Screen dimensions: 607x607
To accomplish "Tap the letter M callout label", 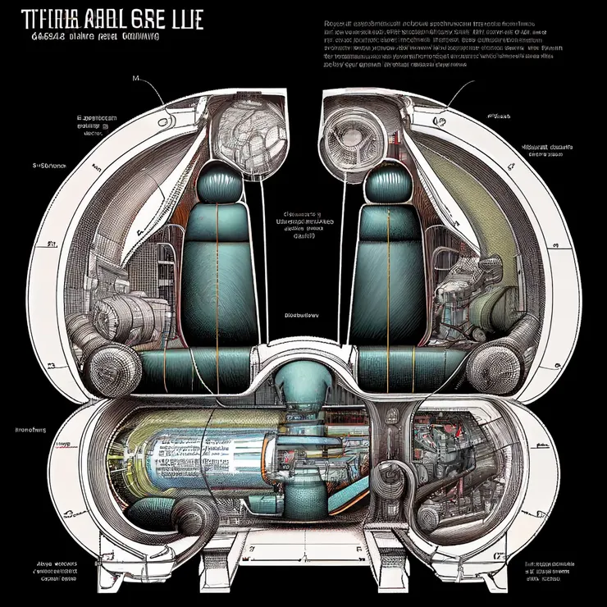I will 135,78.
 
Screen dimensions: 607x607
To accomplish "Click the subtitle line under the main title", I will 94,37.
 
